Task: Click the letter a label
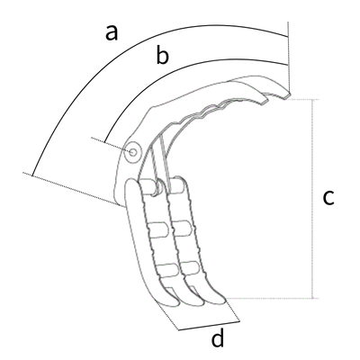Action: tap(112, 33)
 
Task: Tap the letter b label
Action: tap(163, 54)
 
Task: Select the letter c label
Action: tap(328, 198)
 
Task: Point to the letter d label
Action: tap(218, 337)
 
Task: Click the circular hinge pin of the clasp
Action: tap(133, 152)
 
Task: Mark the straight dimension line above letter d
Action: tap(209, 326)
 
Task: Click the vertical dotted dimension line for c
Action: tap(313, 199)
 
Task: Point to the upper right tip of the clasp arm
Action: tap(290, 94)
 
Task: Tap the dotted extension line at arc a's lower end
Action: tap(74, 189)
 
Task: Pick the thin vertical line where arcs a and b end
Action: tap(289, 57)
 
